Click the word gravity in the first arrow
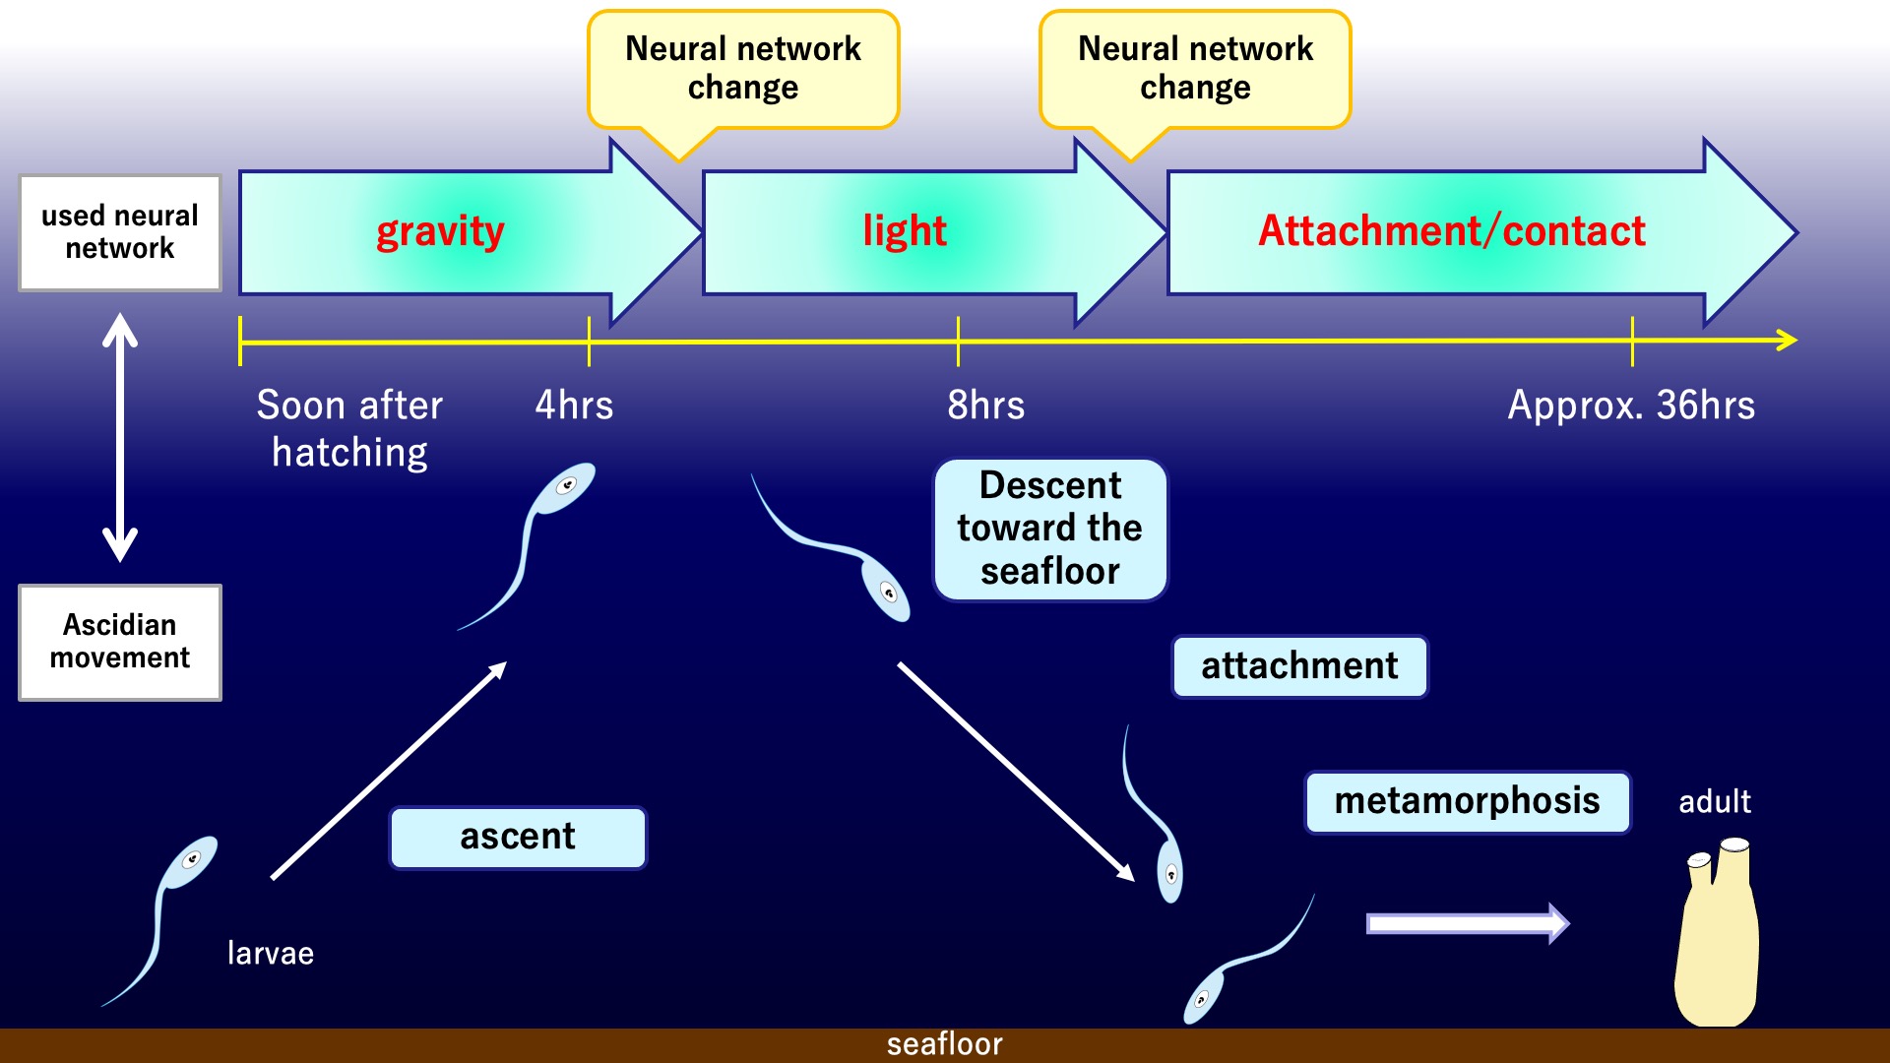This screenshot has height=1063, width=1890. click(x=440, y=232)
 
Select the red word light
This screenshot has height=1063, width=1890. click(x=904, y=231)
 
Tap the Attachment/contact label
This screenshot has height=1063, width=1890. click(x=1451, y=231)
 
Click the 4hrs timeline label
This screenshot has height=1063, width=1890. click(x=574, y=406)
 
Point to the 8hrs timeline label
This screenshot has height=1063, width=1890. click(x=985, y=406)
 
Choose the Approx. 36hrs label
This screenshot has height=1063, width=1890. click(x=1631, y=406)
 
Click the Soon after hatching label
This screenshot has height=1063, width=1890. click(x=349, y=428)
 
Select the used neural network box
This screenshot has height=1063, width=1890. click(x=120, y=232)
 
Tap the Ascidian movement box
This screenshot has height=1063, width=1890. click(x=120, y=642)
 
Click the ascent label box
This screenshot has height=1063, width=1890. click(x=518, y=838)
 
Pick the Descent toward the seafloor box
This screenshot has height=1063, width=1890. click(x=1049, y=529)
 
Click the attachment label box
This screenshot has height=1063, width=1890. click(x=1299, y=666)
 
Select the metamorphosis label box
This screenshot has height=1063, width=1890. click(x=1467, y=801)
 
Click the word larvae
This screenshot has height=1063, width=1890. click(x=271, y=953)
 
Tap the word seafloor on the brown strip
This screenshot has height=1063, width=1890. click(x=944, y=1044)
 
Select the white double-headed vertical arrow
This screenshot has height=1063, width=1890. click(x=120, y=437)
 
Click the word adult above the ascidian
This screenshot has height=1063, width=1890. click(x=1714, y=801)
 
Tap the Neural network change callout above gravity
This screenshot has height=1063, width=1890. click(x=743, y=69)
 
